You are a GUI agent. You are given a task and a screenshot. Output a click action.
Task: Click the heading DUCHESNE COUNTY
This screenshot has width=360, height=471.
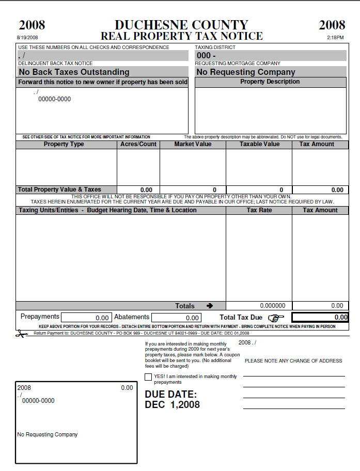[x=181, y=25]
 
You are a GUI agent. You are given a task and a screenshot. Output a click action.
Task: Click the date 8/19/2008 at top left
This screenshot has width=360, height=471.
[x=27, y=38]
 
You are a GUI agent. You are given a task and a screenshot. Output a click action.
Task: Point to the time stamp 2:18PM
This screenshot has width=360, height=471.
[x=335, y=38]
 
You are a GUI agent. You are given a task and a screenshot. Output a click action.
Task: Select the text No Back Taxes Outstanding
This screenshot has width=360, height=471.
[x=74, y=72]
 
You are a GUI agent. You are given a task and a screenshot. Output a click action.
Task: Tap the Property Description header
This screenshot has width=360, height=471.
[x=270, y=82]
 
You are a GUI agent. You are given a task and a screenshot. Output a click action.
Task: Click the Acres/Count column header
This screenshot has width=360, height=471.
[x=138, y=144]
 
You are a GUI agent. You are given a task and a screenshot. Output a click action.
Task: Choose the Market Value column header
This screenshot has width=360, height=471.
[x=193, y=144]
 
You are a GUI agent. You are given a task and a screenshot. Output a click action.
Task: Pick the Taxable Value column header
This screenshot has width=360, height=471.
[x=259, y=144]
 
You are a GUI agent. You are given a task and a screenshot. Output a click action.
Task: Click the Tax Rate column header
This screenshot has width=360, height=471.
[x=259, y=210]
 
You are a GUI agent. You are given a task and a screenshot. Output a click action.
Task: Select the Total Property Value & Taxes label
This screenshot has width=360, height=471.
[x=59, y=190]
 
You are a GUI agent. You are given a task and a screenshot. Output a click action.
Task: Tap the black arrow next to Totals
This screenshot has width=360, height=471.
[x=209, y=306]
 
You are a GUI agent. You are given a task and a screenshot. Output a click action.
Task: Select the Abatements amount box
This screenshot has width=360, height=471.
[x=176, y=318]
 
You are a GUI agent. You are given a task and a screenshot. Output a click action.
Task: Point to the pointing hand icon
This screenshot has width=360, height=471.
[x=276, y=318]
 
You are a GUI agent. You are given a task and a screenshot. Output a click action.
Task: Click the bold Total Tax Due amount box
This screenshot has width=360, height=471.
[x=320, y=318]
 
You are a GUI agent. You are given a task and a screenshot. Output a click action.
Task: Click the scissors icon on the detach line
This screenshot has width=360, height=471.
[x=21, y=334]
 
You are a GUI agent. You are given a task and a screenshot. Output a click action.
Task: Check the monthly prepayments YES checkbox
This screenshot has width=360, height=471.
[x=148, y=377]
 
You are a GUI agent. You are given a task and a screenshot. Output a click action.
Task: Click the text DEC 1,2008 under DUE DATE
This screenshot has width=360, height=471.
[x=172, y=405]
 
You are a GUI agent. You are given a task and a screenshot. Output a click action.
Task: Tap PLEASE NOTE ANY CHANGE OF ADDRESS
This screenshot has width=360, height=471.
[x=293, y=361]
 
